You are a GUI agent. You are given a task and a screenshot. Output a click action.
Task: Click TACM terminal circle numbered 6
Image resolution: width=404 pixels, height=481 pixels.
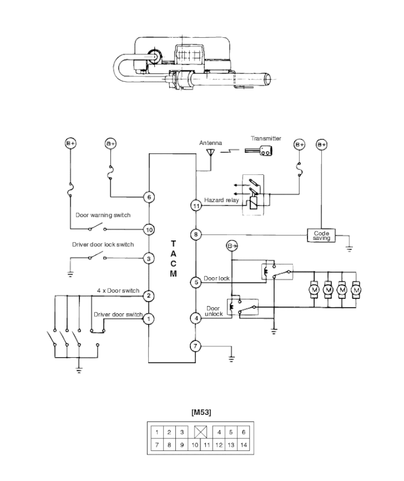tap(149, 197)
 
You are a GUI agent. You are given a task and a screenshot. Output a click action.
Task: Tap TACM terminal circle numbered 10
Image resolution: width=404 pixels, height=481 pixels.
tap(149, 230)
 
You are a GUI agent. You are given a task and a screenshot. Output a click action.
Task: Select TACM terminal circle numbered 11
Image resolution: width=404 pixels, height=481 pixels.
tap(196, 206)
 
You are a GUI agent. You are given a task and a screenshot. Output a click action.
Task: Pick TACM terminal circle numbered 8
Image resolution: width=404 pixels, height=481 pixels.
tap(196, 234)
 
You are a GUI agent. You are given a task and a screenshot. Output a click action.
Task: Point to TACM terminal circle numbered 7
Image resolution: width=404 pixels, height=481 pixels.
tap(196, 346)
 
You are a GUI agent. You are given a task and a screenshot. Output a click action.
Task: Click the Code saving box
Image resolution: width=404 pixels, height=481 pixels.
tap(321, 236)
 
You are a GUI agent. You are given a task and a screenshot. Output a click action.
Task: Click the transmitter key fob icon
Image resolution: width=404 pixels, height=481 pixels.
tap(259, 151)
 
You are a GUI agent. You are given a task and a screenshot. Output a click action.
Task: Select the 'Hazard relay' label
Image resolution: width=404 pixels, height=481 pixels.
tap(221, 200)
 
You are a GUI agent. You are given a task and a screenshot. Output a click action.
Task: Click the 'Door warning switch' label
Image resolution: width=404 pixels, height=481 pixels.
tap(103, 215)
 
